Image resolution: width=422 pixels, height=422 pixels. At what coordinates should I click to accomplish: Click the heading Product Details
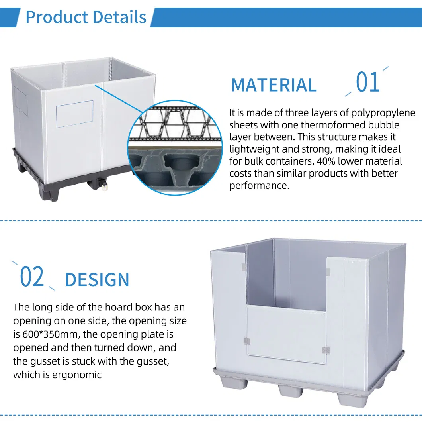86,17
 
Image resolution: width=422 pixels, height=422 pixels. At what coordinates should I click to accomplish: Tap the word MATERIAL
274,85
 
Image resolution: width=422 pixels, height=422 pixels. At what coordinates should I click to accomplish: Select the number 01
367,82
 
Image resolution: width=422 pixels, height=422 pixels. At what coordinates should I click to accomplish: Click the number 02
32,276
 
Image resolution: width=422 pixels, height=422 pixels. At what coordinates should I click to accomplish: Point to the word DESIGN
97,279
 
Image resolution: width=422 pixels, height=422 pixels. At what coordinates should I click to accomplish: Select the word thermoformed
333,125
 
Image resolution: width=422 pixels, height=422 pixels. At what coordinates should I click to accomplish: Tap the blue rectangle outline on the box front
74,114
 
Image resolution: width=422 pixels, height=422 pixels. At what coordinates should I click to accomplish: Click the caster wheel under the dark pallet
104,186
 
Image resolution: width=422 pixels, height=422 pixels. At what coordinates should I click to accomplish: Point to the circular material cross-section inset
175,148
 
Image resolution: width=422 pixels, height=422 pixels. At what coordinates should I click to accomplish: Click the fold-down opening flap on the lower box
286,334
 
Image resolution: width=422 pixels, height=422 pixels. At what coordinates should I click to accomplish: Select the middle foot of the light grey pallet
290,391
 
